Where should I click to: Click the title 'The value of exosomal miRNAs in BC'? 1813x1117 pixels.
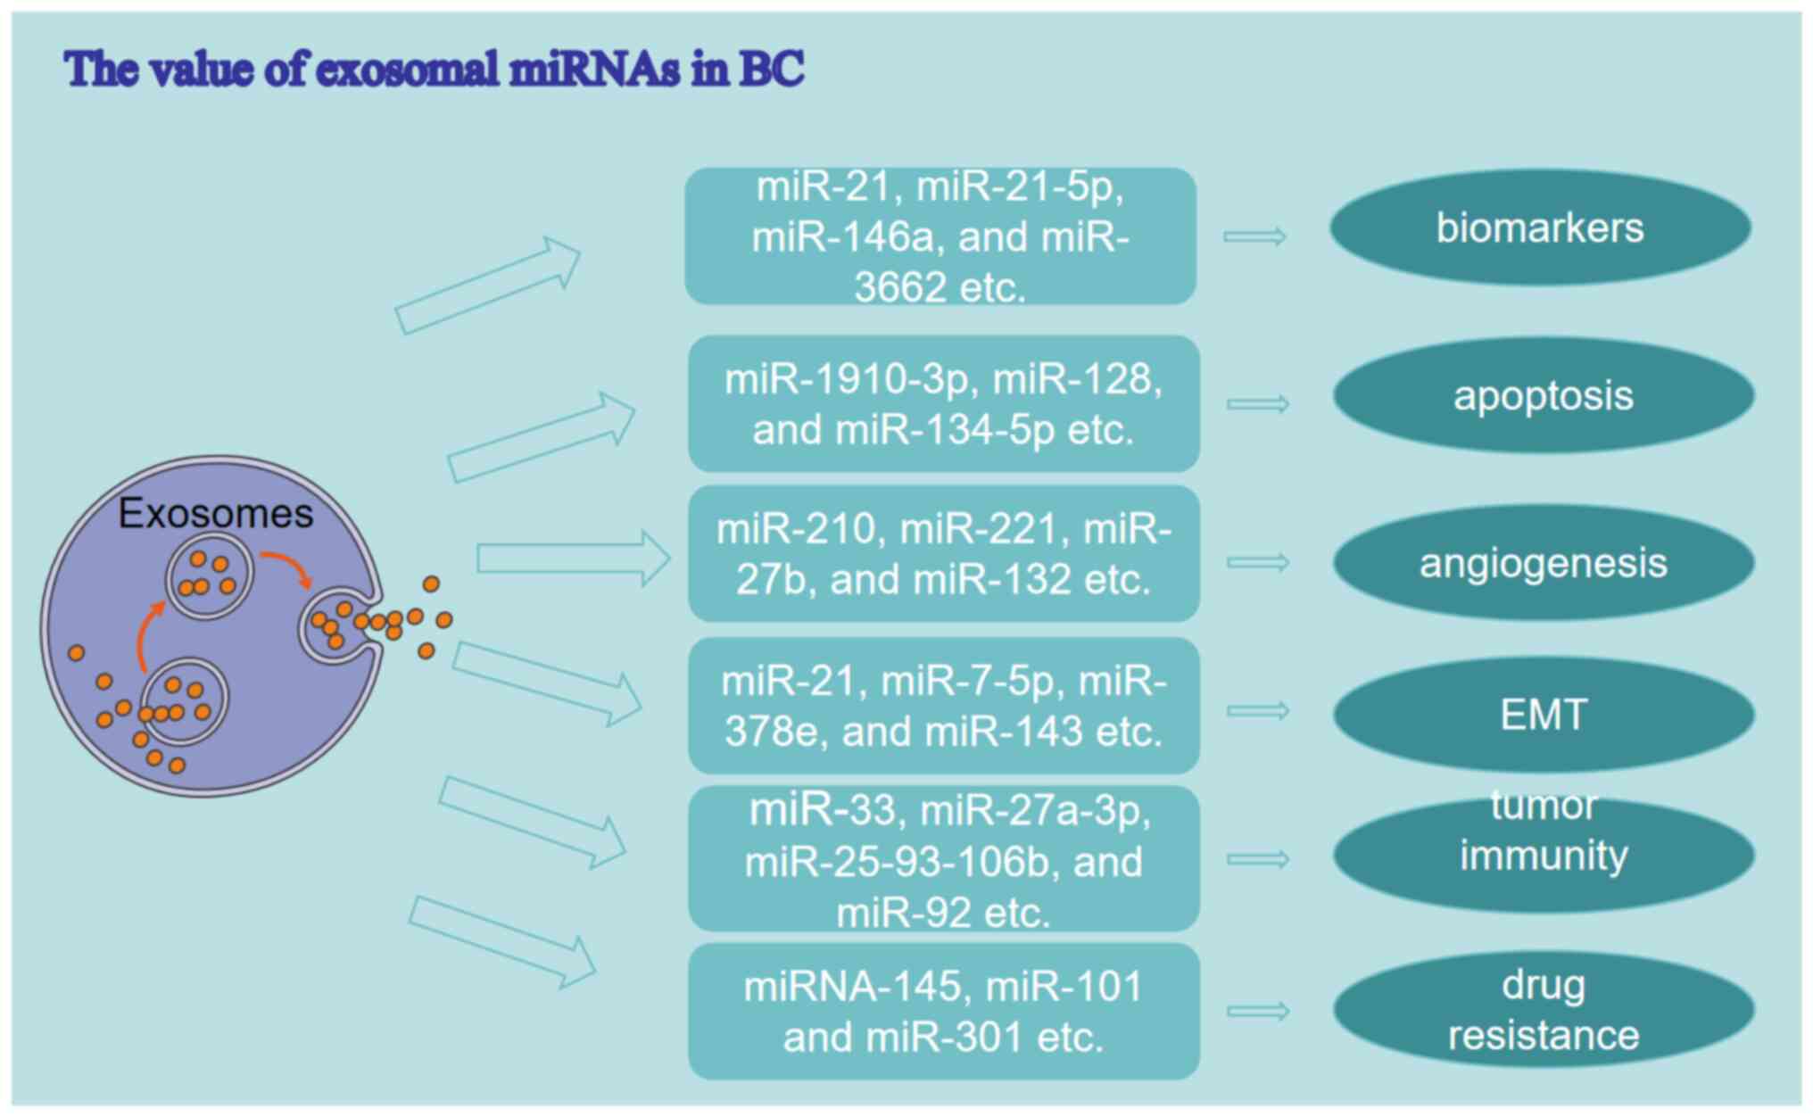434,69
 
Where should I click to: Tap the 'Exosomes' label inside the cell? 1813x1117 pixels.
216,514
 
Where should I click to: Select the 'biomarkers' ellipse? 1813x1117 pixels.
1540,228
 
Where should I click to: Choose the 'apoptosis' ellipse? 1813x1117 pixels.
1544,396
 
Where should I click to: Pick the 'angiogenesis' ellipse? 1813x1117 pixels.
1544,563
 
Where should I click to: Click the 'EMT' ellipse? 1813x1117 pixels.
1544,715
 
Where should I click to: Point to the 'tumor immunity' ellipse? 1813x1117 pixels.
1544,855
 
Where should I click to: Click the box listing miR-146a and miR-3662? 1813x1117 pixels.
940,236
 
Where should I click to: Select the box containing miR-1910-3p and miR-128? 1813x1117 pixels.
943,404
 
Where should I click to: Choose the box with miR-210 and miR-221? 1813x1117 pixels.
943,554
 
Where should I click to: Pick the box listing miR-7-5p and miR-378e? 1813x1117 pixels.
943,706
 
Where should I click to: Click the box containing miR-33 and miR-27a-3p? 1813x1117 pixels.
943,860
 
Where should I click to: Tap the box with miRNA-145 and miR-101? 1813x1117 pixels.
943,1012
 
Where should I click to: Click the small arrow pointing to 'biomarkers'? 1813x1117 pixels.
1254,236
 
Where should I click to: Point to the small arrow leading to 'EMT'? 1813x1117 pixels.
1258,711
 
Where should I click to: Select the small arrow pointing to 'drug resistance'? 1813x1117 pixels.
1258,1011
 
